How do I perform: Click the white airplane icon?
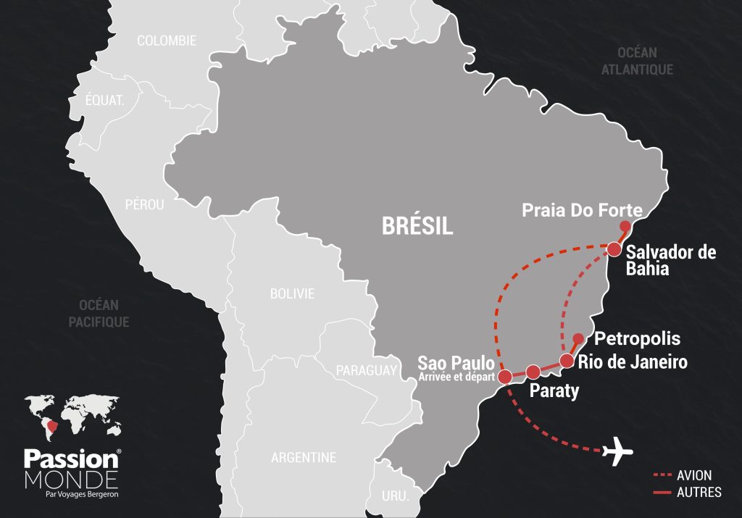point(617,451)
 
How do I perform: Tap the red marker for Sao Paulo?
point(506,376)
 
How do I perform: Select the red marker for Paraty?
point(533,372)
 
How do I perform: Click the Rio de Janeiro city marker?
point(567,360)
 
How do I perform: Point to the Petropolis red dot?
point(578,338)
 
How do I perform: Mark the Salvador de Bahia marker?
point(614,249)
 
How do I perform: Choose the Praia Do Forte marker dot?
point(625,226)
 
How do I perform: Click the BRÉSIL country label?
point(417,226)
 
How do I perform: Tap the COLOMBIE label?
point(167,41)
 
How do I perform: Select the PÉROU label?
point(144,205)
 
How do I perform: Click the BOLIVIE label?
point(292,293)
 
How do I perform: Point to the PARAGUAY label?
point(367,371)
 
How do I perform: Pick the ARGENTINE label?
point(304,458)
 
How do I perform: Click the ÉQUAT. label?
point(105,101)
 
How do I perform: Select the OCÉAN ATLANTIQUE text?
point(637,61)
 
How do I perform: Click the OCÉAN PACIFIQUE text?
point(99,313)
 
